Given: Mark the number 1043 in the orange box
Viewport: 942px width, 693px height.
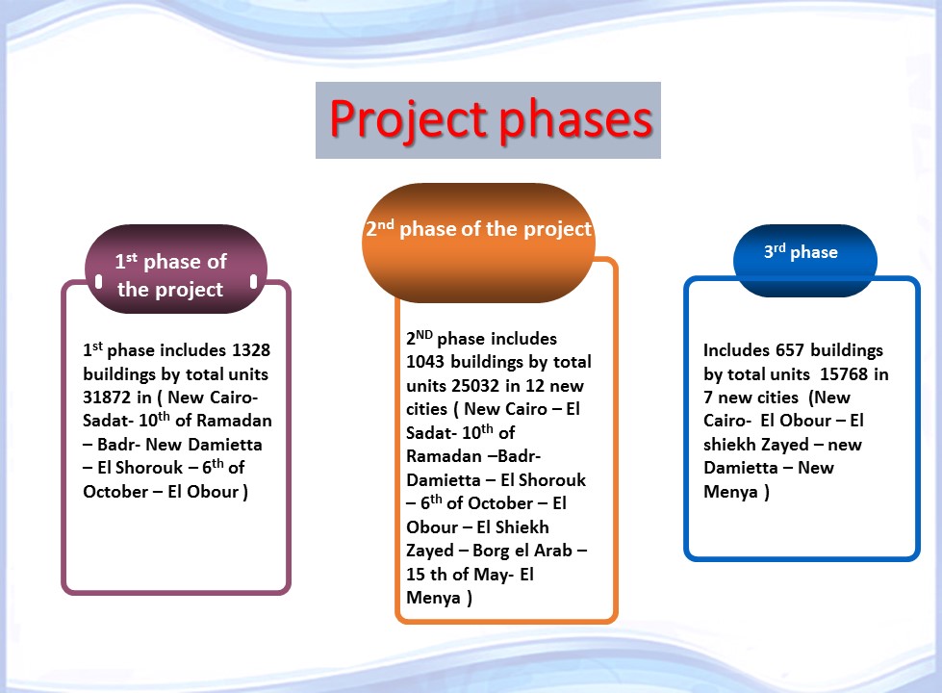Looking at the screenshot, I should point(428,362).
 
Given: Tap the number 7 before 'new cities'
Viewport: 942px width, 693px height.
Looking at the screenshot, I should point(708,398).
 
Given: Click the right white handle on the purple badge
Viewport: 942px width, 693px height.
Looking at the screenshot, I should point(254,281).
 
